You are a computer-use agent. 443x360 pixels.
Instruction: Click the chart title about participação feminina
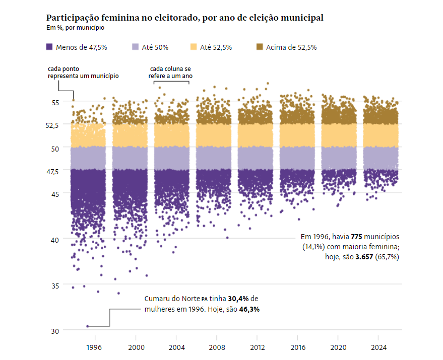click(x=184, y=18)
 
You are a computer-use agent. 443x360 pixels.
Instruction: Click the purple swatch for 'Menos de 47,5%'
click(x=49, y=47)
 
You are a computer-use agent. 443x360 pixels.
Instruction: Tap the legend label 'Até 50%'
click(x=155, y=47)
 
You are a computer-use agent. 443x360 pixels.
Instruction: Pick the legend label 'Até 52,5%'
click(x=216, y=47)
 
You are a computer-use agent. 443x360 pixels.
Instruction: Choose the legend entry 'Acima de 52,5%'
click(x=291, y=47)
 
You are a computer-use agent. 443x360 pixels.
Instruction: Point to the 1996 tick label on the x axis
click(x=94, y=347)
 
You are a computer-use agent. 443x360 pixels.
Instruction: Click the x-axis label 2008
click(x=217, y=347)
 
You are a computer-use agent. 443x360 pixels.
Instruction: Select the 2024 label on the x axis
click(x=379, y=347)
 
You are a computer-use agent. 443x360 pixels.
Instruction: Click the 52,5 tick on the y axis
click(x=52, y=125)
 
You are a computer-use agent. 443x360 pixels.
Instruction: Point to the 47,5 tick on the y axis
click(x=52, y=171)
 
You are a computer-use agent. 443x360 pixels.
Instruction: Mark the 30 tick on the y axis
click(x=54, y=331)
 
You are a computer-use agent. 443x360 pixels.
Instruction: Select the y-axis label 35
click(x=54, y=285)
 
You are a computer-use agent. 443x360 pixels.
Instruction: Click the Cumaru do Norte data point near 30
click(x=87, y=326)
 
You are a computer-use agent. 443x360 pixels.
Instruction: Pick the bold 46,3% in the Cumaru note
click(x=249, y=309)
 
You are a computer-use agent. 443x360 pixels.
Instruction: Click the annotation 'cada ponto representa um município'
click(x=83, y=72)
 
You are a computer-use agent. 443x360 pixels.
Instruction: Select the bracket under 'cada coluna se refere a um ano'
click(x=171, y=82)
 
